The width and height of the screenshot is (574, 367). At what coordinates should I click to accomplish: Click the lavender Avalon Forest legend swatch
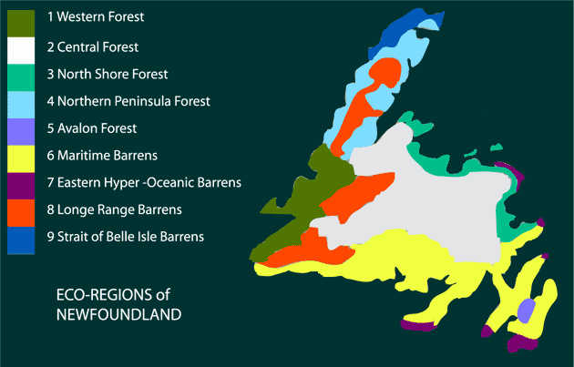click(21, 129)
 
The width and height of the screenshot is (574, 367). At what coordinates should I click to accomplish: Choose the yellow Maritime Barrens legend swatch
click(21, 157)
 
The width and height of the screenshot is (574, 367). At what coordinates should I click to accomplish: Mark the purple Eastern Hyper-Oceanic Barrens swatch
click(21, 184)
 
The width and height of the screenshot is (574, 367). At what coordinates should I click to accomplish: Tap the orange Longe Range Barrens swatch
click(21, 211)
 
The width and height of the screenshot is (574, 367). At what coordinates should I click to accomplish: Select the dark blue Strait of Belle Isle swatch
click(21, 239)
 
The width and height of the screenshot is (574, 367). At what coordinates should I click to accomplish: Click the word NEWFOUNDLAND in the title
click(118, 314)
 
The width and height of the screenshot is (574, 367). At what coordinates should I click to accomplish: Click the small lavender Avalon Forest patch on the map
click(525, 309)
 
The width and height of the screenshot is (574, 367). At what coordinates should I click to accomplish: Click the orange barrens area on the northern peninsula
click(369, 100)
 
